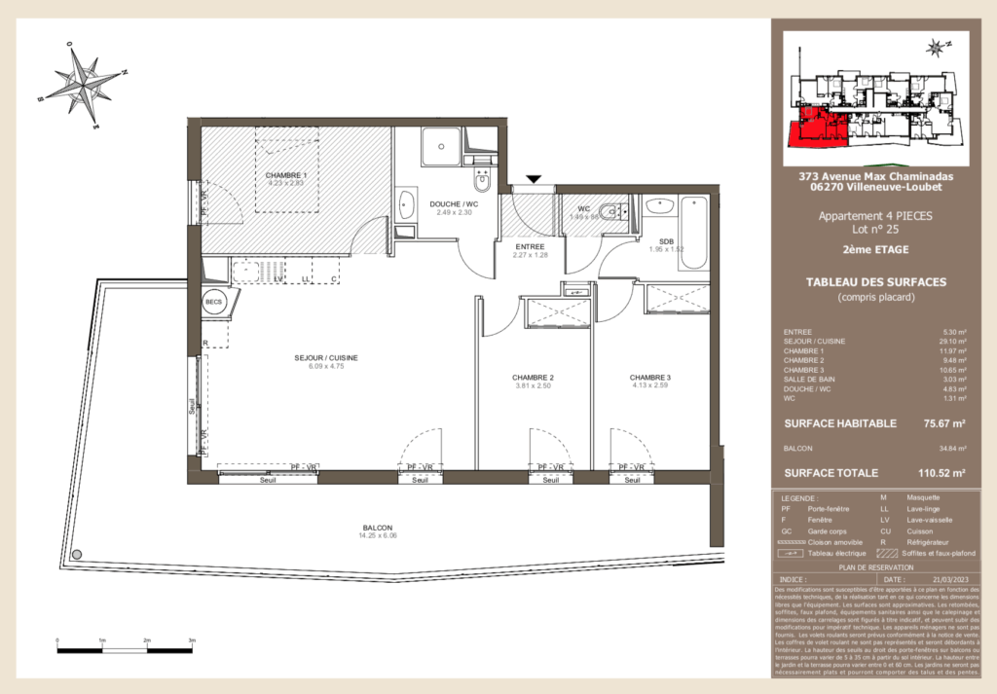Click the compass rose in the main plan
[x=84, y=84]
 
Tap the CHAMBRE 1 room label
[x=285, y=173]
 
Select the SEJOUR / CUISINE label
[x=326, y=358]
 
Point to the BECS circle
[x=213, y=303]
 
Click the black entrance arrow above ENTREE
[x=534, y=178]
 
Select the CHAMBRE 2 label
[x=533, y=378]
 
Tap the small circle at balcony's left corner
[x=77, y=554]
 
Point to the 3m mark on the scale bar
[x=192, y=640]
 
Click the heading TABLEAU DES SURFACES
[x=876, y=282]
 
